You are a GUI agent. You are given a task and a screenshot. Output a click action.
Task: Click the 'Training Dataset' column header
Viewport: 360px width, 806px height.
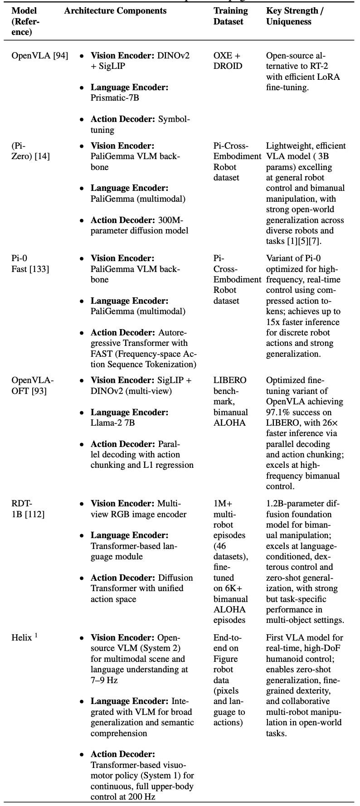231,16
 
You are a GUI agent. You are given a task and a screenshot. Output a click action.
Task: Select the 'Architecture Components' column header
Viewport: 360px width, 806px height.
115,11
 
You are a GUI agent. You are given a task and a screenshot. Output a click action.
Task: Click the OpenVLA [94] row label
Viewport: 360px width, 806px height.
40,56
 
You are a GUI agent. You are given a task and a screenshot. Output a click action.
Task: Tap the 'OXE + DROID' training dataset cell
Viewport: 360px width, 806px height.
228,61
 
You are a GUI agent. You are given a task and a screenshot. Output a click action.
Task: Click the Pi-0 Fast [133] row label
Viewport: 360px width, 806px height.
30,263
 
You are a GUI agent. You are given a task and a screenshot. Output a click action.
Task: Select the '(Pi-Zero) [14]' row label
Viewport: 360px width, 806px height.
30,151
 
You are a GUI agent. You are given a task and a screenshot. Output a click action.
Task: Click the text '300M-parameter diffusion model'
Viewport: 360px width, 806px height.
139,225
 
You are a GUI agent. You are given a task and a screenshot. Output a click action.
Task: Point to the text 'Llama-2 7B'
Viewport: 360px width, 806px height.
112,423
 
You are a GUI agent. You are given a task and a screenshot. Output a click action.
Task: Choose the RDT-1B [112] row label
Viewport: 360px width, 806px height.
28,509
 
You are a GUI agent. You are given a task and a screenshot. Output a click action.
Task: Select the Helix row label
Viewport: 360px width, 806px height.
22,638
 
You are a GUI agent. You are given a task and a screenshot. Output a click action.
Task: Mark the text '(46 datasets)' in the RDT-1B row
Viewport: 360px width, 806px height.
229,551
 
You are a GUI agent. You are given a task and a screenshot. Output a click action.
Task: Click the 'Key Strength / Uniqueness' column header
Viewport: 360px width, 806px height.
294,16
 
